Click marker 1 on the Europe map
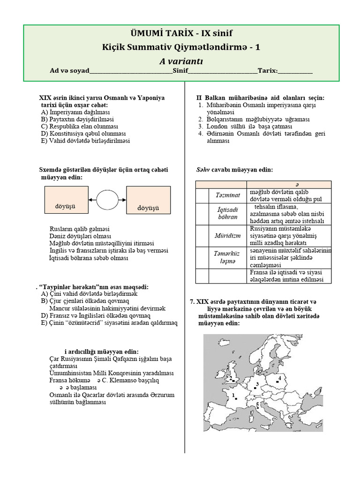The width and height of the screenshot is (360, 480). [x=236, y=398]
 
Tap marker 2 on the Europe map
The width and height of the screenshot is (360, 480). [x=233, y=379]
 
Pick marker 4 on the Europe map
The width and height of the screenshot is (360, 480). [x=278, y=380]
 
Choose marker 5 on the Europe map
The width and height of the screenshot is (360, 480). [x=258, y=406]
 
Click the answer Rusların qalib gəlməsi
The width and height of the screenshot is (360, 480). [x=80, y=229]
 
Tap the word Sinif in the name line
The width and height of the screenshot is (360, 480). [x=180, y=71]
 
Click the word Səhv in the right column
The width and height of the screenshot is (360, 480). [x=203, y=169]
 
